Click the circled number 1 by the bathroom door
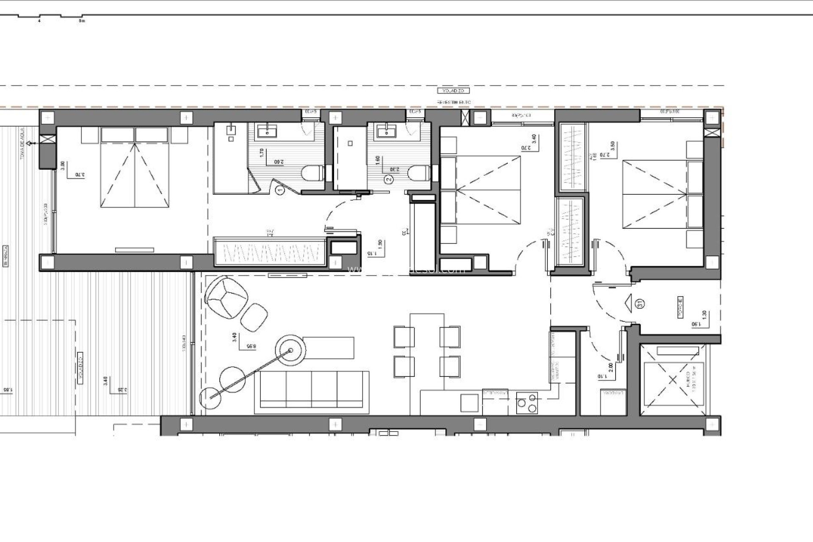[x=279, y=191]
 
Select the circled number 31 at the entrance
[x=640, y=303]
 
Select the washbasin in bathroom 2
[x=386, y=132]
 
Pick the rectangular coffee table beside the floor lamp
[x=329, y=347]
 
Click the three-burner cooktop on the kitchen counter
[x=527, y=402]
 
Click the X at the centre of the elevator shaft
[x=673, y=379]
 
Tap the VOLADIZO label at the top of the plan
[x=454, y=91]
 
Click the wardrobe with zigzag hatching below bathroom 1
[x=269, y=252]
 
